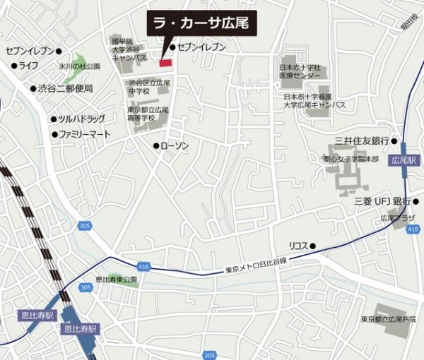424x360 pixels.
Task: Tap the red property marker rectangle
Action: click(x=165, y=63)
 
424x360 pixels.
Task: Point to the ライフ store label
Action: click(x=28, y=66)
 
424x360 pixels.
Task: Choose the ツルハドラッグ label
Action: click(x=81, y=119)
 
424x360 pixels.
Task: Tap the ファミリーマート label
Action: click(x=85, y=134)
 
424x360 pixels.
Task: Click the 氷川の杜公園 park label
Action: click(x=80, y=66)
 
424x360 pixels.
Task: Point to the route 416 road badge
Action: click(x=144, y=267)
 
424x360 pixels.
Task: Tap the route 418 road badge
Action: click(x=413, y=230)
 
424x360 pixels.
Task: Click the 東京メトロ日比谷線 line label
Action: click(x=256, y=270)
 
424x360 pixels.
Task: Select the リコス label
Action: click(x=298, y=246)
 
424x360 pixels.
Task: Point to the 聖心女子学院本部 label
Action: click(x=351, y=160)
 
